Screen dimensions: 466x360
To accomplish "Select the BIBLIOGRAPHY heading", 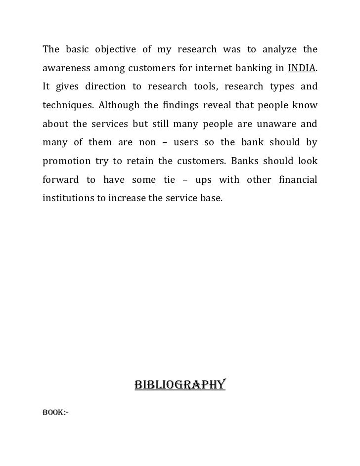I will (180, 384).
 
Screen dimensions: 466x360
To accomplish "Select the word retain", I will (135, 161).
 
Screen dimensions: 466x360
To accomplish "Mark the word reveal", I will (220, 105).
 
